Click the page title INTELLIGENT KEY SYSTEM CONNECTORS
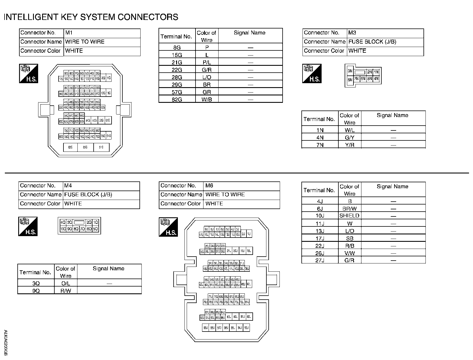point(91,17)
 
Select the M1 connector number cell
point(102,33)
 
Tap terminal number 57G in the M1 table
point(177,92)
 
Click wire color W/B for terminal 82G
point(207,99)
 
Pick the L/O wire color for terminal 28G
point(207,77)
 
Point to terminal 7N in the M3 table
point(320,145)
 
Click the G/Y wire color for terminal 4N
point(349,138)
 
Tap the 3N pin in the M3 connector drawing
point(350,71)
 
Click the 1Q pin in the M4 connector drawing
point(96,222)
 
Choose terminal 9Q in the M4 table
point(36,291)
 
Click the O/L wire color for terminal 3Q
point(65,283)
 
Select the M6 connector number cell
point(241,186)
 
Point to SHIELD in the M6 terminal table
point(349,216)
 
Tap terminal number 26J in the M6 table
point(320,253)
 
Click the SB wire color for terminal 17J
point(349,238)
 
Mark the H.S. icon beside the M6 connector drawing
point(168,227)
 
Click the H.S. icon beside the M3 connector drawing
point(312,73)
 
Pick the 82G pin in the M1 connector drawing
point(85,148)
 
